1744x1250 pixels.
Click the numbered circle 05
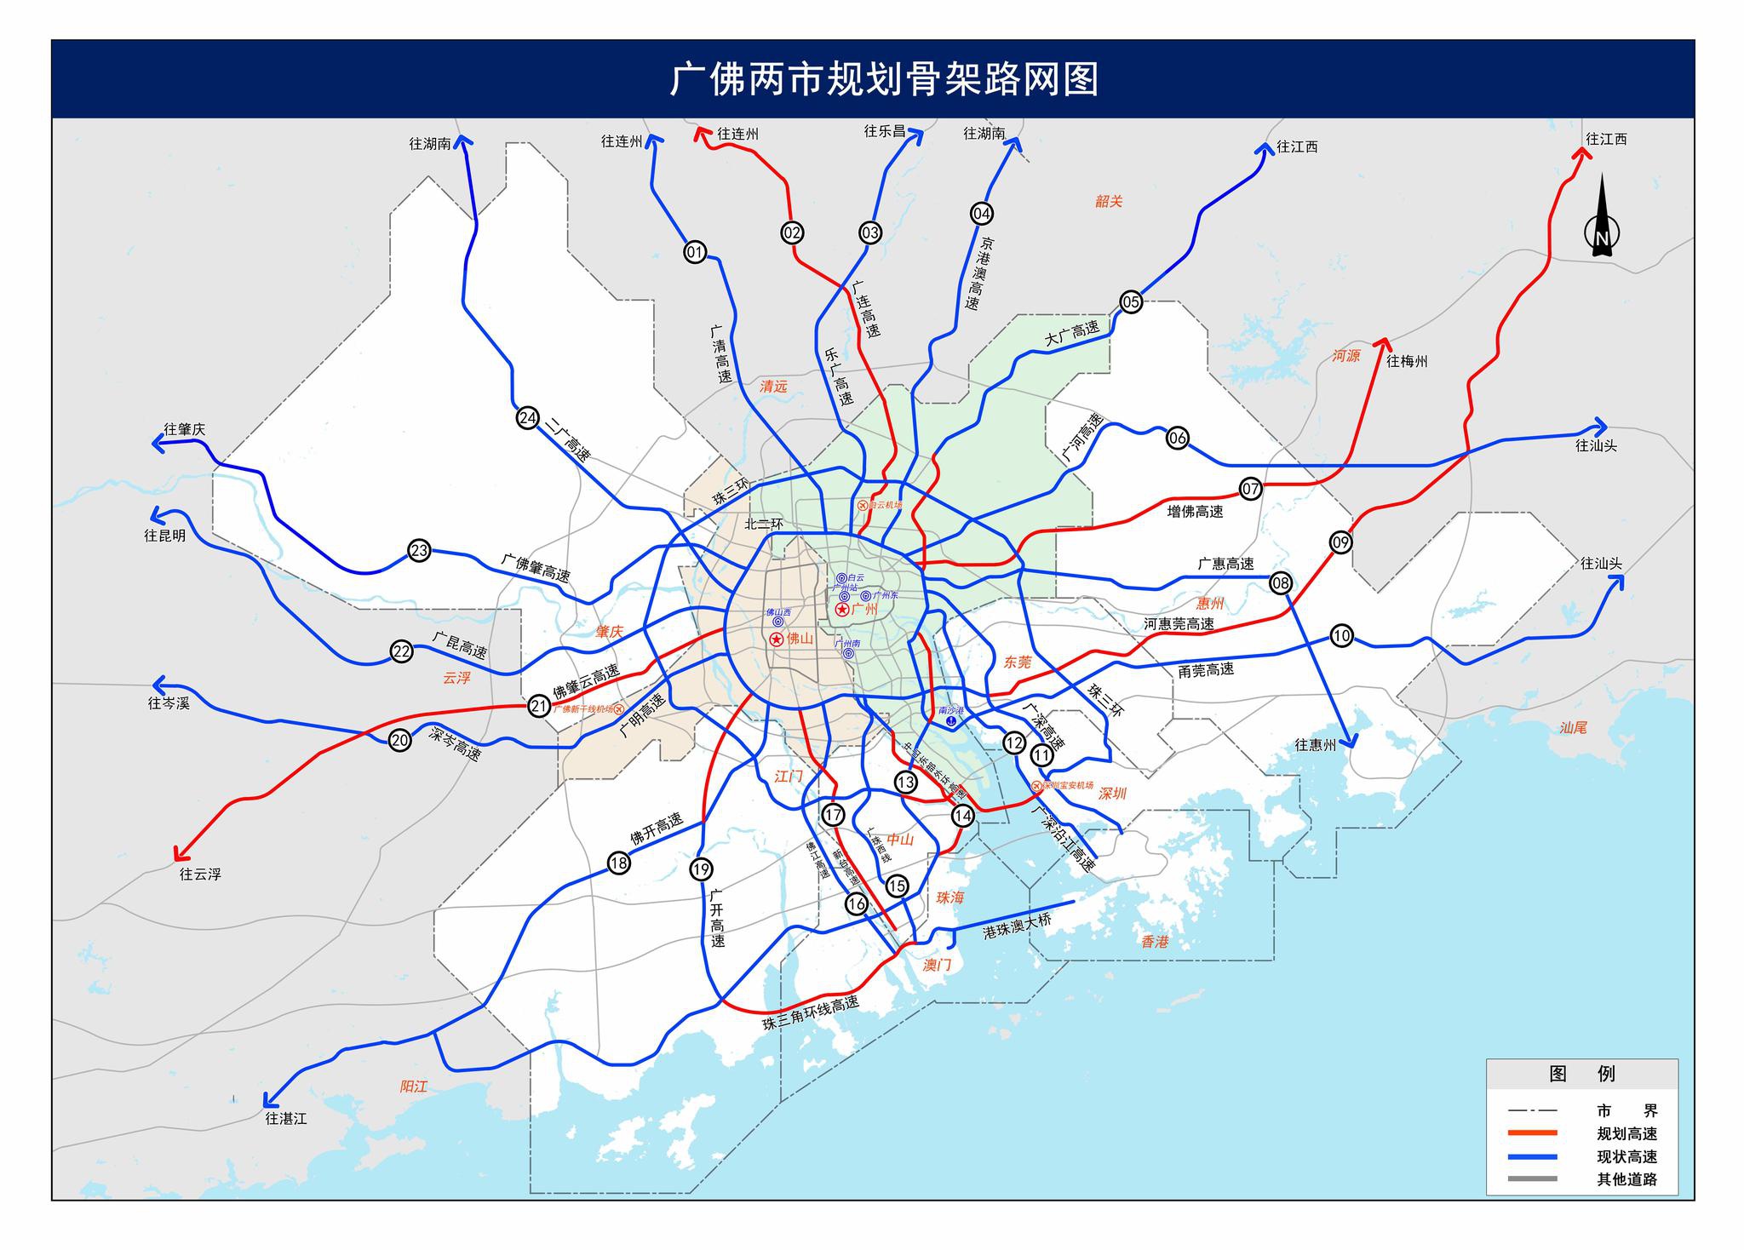coord(1130,301)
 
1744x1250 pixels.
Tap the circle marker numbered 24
coord(528,417)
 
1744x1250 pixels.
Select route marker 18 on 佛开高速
coord(618,863)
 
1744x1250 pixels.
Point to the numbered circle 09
coord(1340,542)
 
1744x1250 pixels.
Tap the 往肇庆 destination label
coord(185,429)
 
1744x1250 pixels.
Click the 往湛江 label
coord(285,1118)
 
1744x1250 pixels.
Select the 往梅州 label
coord(1407,361)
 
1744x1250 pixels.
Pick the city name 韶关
coord(1109,201)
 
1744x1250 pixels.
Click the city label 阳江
coord(414,1087)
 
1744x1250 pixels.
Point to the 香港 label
coord(1156,942)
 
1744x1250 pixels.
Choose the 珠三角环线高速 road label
coord(811,1013)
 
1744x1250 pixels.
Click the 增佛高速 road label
coord(1195,512)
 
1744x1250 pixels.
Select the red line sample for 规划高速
coord(1532,1133)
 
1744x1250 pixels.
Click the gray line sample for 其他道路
coord(1532,1179)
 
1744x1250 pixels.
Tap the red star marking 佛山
coord(777,639)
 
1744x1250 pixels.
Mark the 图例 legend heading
coord(1581,1074)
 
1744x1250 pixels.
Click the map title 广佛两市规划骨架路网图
coord(884,79)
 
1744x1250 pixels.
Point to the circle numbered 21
coord(538,706)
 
